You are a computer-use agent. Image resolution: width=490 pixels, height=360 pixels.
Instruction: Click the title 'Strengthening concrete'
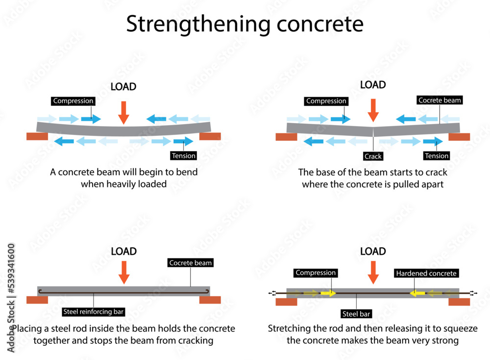[x=245, y=24]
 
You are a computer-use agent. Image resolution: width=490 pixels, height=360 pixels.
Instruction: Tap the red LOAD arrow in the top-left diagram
[x=123, y=112]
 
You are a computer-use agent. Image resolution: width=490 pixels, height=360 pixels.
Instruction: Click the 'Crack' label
[x=373, y=156]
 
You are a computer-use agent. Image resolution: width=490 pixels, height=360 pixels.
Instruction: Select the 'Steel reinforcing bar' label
[x=94, y=311]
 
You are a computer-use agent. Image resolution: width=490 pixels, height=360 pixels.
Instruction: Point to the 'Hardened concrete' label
[x=426, y=273]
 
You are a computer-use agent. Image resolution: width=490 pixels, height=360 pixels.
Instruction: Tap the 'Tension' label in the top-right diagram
[x=437, y=156]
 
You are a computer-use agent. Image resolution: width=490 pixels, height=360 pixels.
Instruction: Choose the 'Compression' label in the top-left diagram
[x=73, y=101]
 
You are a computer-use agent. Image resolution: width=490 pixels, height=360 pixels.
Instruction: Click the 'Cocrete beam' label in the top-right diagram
[x=440, y=100]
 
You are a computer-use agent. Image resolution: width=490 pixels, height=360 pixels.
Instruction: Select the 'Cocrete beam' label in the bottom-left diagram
[x=190, y=263]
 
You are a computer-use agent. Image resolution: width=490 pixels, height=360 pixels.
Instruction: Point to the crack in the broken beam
[x=373, y=131]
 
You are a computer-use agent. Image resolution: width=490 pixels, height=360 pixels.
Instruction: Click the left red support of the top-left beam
[x=37, y=136]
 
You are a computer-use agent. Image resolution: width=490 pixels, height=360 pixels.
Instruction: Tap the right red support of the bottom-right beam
[x=459, y=302]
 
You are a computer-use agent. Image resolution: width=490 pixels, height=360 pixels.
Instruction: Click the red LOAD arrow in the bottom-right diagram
[x=373, y=272]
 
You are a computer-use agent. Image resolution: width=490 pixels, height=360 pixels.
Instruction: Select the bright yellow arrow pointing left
[x=417, y=293]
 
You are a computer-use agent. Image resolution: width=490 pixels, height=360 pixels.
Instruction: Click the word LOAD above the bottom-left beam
[x=123, y=252]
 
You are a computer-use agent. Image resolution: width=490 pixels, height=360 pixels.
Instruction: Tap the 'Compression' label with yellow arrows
[x=316, y=273]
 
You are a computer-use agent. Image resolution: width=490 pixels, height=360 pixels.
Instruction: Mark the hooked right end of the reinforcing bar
[x=208, y=292]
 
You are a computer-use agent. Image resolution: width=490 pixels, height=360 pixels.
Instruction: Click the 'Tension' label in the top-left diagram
[x=184, y=156]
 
